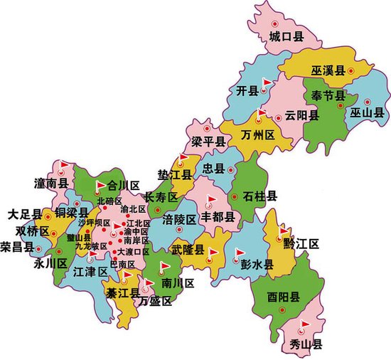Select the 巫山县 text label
click(367, 112)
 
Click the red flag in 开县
click(267, 84)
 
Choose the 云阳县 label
click(299, 115)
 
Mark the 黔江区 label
click(302, 244)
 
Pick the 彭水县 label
click(257, 264)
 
